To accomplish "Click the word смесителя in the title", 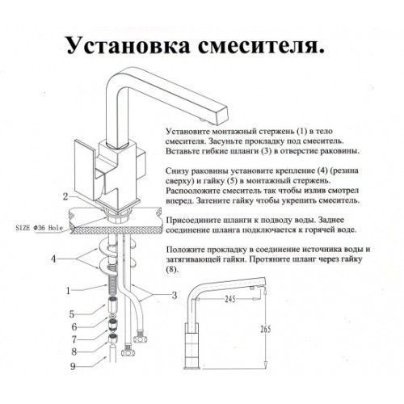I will (262, 45).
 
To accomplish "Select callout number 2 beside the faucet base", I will (64, 196).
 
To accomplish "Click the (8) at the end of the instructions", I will (172, 272).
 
